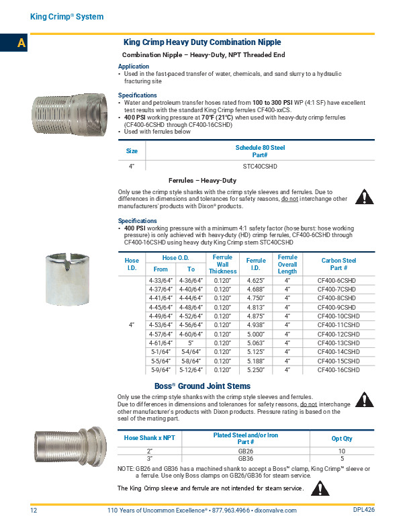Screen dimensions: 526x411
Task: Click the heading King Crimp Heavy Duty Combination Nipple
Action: point(202,42)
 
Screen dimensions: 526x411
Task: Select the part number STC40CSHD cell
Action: point(259,165)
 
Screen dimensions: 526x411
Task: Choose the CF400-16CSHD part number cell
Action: point(338,369)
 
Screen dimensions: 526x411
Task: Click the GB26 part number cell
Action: point(245,451)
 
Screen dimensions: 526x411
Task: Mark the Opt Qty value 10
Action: point(342,451)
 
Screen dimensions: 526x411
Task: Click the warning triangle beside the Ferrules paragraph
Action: point(363,198)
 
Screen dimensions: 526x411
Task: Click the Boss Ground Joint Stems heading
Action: point(202,386)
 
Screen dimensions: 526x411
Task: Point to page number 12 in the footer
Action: point(33,511)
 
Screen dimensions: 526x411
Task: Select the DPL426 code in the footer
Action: point(364,510)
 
